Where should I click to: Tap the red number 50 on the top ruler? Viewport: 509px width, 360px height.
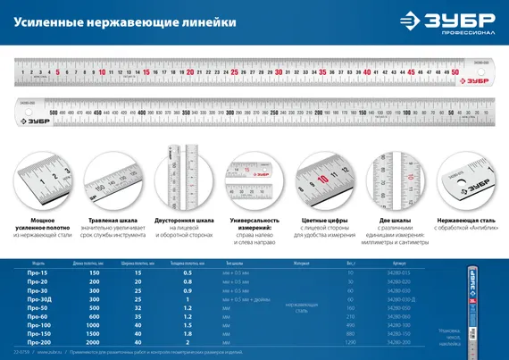[455, 71]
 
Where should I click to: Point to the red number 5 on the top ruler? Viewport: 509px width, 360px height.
[58, 71]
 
